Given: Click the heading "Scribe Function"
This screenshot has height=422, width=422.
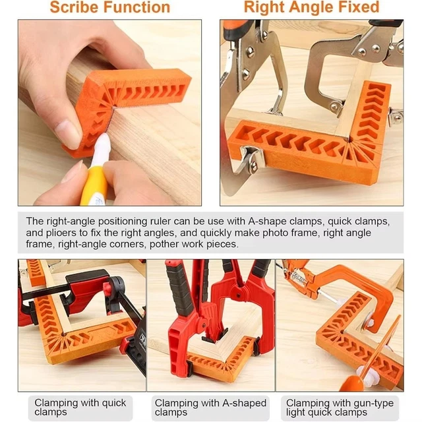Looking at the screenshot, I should coord(109,8).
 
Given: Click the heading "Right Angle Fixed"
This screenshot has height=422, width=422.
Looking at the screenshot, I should coord(311,8).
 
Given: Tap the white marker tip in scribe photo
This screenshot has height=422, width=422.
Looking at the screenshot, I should coord(104,142).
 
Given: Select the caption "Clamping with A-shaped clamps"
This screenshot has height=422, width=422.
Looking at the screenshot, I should coord(210,407).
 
